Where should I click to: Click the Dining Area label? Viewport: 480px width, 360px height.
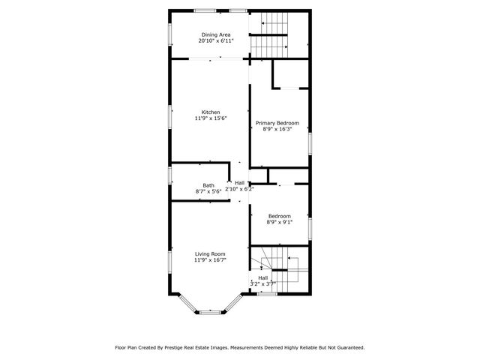tap(215, 34)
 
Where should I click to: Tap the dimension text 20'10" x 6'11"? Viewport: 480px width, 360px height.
tap(215, 41)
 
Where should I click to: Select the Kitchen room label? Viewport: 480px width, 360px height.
tap(211, 112)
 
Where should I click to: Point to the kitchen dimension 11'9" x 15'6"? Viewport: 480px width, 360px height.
tap(211, 118)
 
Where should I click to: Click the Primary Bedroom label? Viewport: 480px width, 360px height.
tap(277, 123)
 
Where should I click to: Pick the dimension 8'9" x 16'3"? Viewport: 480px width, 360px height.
tap(277, 129)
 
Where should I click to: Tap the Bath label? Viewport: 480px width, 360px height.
tap(208, 185)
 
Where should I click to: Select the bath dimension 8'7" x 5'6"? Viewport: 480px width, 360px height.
tap(208, 191)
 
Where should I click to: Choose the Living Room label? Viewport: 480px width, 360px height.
tap(210, 254)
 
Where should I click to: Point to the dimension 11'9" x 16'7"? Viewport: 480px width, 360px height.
tap(210, 260)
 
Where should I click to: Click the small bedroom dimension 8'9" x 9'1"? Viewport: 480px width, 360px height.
tap(279, 222)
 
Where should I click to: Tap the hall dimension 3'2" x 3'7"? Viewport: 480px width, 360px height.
tap(262, 283)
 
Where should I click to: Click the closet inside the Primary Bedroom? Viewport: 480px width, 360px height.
tap(289, 74)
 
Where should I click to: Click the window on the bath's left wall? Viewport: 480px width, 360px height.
tap(170, 176)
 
